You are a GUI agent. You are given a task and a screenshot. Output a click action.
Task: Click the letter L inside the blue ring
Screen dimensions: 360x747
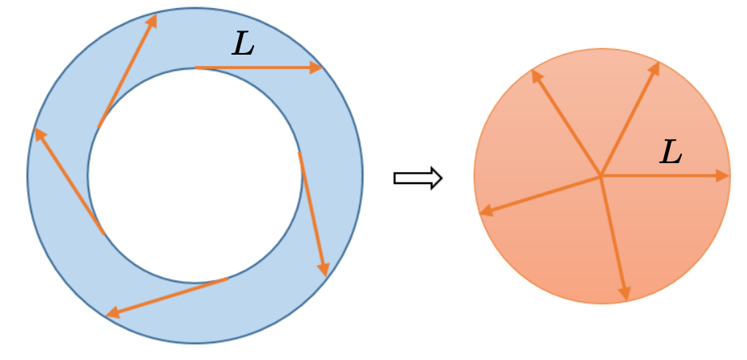[x=243, y=43]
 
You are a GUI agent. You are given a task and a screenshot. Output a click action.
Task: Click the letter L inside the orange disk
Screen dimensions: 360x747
[x=671, y=152]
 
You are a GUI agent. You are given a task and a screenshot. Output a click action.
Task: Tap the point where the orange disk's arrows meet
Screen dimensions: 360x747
[x=601, y=175]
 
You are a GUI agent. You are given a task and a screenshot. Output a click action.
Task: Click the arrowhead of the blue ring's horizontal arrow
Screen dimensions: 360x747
[x=316, y=68]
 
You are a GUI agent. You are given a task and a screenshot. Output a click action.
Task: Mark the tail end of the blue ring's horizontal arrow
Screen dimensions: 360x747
[x=197, y=68]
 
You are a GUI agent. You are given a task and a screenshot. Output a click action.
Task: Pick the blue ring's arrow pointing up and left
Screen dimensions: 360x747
[x=69, y=181]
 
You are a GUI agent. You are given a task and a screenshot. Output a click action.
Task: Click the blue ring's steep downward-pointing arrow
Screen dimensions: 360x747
[x=312, y=213]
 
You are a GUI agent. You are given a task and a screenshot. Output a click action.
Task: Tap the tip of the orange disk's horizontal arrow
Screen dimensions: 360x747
[x=727, y=175]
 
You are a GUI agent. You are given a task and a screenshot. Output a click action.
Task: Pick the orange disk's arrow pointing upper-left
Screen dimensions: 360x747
[x=566, y=122]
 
